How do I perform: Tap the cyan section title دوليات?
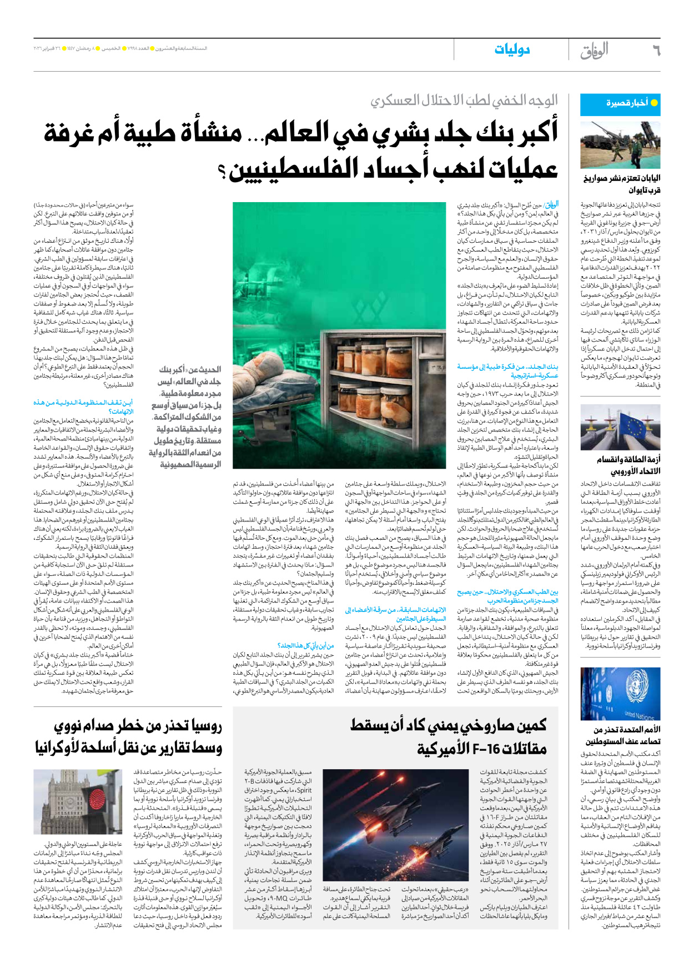tap(512, 50)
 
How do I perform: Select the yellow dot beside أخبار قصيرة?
tap(654, 103)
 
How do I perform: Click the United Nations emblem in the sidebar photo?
tap(633, 690)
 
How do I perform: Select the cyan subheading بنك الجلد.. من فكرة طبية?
tap(507, 370)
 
